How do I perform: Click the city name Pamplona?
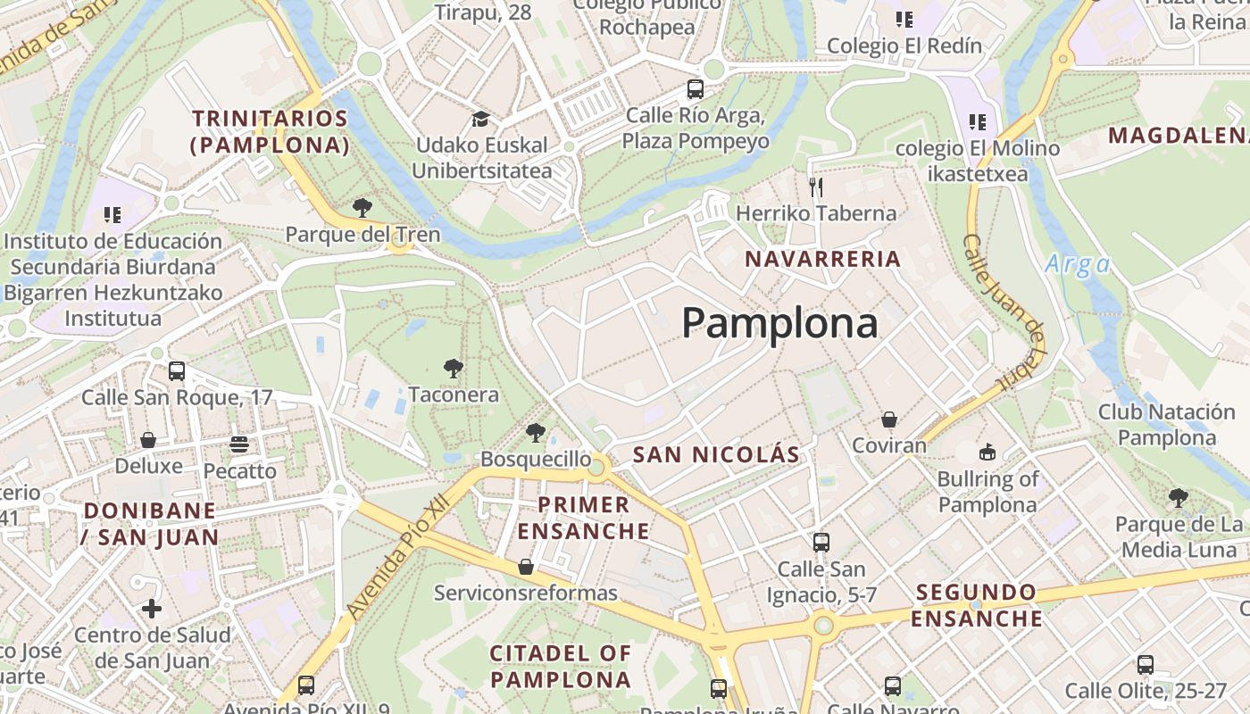[779, 323]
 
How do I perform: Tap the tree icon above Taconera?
[454, 368]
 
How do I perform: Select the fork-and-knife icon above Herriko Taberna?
[815, 187]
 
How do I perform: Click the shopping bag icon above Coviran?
[889, 419]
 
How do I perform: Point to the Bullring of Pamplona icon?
[987, 452]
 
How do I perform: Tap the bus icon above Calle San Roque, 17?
[177, 370]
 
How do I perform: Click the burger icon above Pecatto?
[238, 444]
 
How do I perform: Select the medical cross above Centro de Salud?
[152, 609]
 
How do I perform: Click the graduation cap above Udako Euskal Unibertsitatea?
[481, 119]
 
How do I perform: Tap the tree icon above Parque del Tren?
[362, 208]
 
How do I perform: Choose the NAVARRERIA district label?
[822, 260]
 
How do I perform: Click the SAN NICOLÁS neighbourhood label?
[716, 454]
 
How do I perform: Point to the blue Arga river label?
[1078, 264]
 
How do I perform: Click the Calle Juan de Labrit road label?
[1004, 312]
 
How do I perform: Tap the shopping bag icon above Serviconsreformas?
[526, 567]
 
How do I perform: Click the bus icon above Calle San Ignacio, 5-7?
[821, 542]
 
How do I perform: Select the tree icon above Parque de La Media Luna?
[1179, 497]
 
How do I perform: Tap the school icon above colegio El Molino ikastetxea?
[978, 121]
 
